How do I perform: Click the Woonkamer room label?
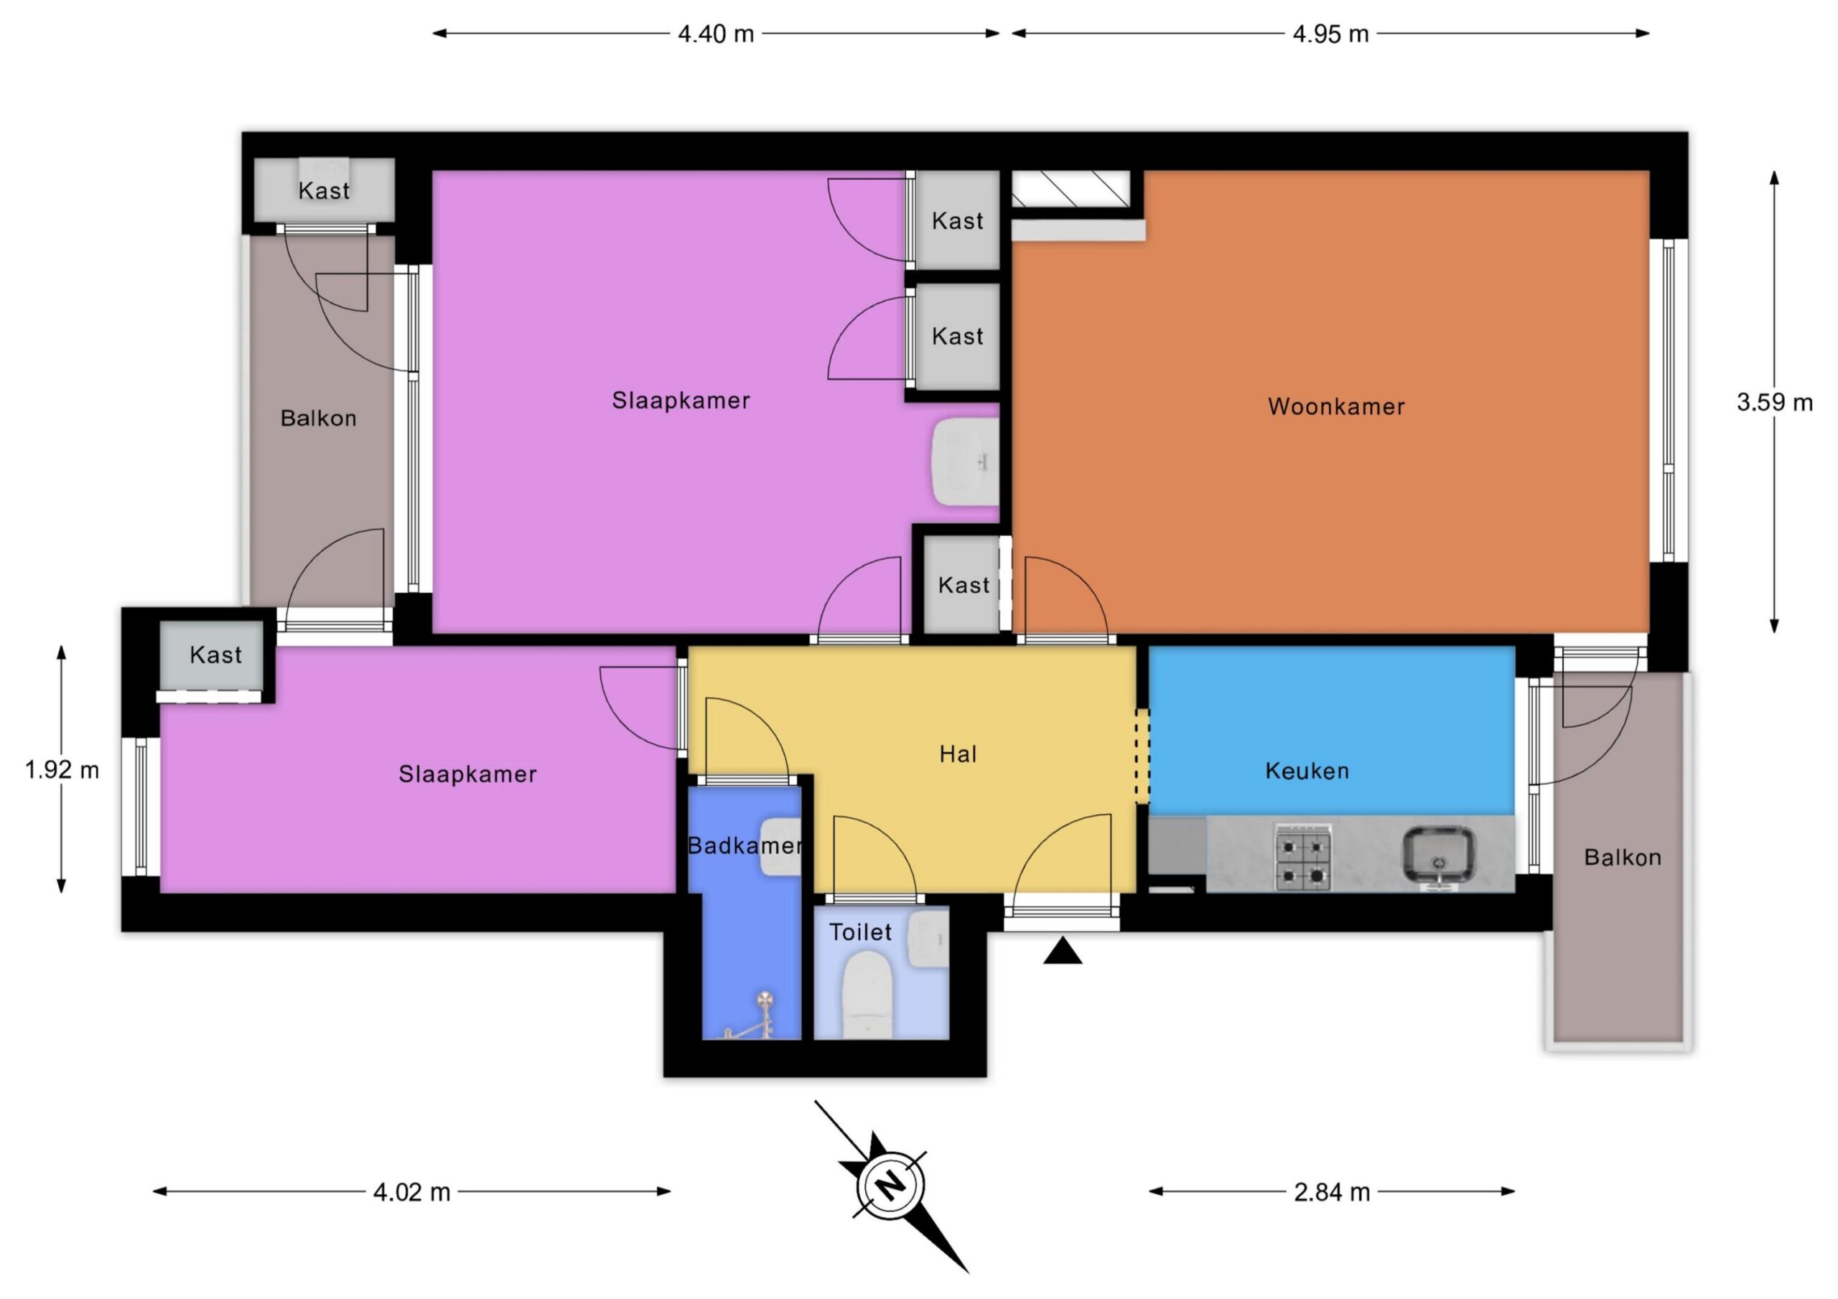click(1336, 407)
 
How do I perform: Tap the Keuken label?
click(1307, 771)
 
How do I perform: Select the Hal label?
click(958, 754)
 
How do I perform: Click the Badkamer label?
click(745, 845)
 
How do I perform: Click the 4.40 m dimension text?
click(716, 34)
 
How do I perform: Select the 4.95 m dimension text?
click(1330, 34)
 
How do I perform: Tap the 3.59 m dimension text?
click(1775, 402)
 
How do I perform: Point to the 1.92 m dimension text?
click(62, 770)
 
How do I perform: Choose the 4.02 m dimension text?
click(411, 1193)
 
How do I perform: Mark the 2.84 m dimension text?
click(1332, 1193)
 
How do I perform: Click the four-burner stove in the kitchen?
click(1302, 858)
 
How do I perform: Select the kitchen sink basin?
click(1439, 856)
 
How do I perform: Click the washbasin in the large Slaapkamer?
click(966, 461)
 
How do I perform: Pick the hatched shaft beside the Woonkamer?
click(1071, 189)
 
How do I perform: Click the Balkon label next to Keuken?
click(1623, 858)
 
